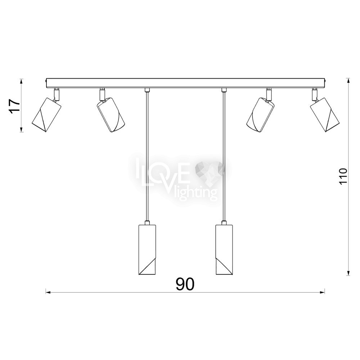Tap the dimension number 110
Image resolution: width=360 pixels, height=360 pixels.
tap(343, 176)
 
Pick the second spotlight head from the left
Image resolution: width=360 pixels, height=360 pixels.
tap(111, 115)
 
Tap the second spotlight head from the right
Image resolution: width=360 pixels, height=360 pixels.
tap(261, 115)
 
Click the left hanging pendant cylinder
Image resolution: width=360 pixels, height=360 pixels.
tap(147, 249)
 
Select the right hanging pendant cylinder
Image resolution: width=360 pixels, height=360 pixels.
tap(224, 249)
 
